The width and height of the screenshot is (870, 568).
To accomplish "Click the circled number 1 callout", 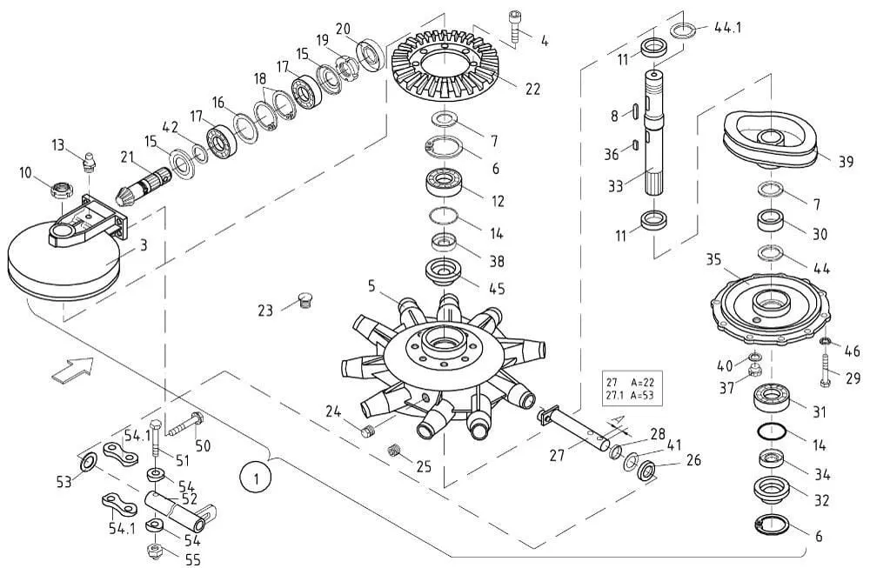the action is [256, 478].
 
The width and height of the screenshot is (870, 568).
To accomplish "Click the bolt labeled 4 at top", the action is [512, 25].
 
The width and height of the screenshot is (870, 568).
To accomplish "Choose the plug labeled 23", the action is [303, 301].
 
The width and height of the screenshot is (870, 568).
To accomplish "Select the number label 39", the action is [846, 162].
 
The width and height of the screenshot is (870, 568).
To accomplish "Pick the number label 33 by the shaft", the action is [616, 186].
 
